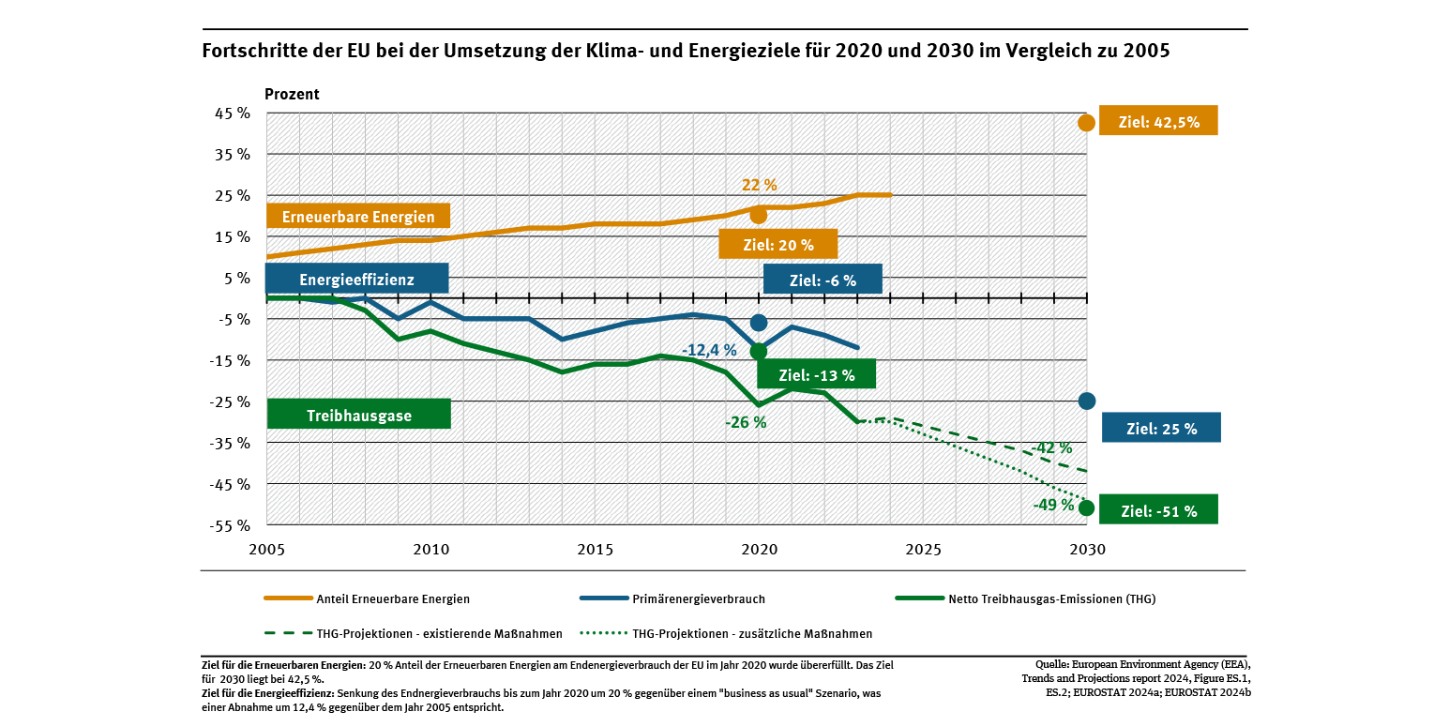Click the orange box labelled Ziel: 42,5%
[1158, 121]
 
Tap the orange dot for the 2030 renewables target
[1087, 122]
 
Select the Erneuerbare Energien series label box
[358, 217]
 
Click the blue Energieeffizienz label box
[356, 279]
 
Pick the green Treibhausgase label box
[358, 415]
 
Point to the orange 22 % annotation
[760, 185]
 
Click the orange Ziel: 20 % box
[777, 245]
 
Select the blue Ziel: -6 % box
[823, 279]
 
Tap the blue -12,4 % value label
[709, 350]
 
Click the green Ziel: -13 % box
[816, 375]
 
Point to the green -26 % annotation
[746, 422]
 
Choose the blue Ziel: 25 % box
[1161, 428]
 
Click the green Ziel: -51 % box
[1159, 510]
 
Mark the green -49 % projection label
[1053, 505]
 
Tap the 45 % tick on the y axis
[233, 113]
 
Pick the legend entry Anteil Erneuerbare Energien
[393, 598]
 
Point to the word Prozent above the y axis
[292, 94]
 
